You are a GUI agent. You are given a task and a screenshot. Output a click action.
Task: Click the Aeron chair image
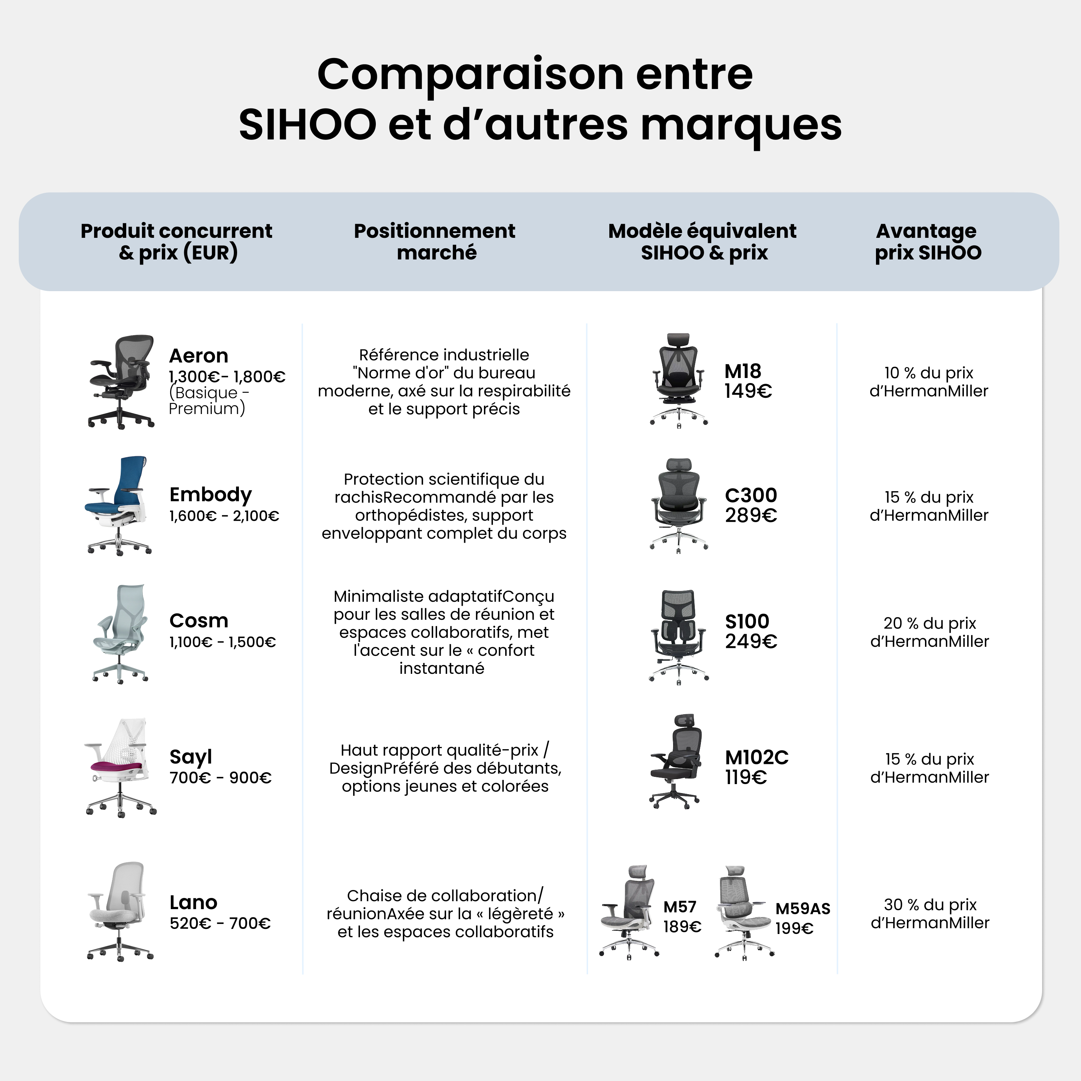click(121, 382)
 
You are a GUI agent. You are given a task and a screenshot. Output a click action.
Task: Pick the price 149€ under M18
click(748, 391)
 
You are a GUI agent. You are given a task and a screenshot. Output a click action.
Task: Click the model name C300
click(751, 495)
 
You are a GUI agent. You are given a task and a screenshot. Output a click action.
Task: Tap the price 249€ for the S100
click(751, 641)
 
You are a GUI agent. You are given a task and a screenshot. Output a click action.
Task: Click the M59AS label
click(802, 909)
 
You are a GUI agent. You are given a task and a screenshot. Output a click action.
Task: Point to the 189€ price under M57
click(682, 927)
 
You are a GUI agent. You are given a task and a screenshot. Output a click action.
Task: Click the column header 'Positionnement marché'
click(435, 242)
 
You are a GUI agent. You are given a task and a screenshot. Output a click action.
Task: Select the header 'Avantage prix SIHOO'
click(928, 242)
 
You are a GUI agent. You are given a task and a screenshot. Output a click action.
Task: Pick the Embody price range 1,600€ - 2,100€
click(224, 516)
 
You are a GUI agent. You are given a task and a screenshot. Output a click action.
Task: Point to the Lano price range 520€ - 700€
click(220, 923)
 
